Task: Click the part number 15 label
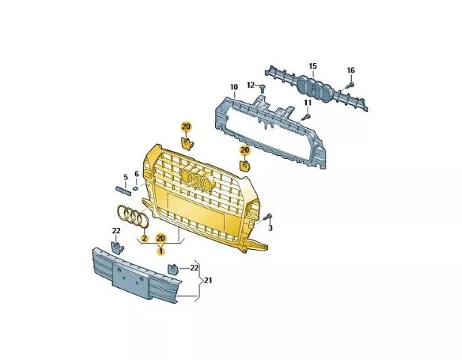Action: pos(313,66)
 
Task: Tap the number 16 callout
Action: pos(351,70)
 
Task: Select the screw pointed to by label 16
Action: pos(349,85)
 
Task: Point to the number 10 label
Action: pos(234,87)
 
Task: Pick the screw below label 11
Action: pos(306,117)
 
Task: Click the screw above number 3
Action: pos(268,217)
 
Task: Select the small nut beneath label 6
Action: pos(135,187)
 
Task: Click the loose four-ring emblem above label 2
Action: pos(132,216)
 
